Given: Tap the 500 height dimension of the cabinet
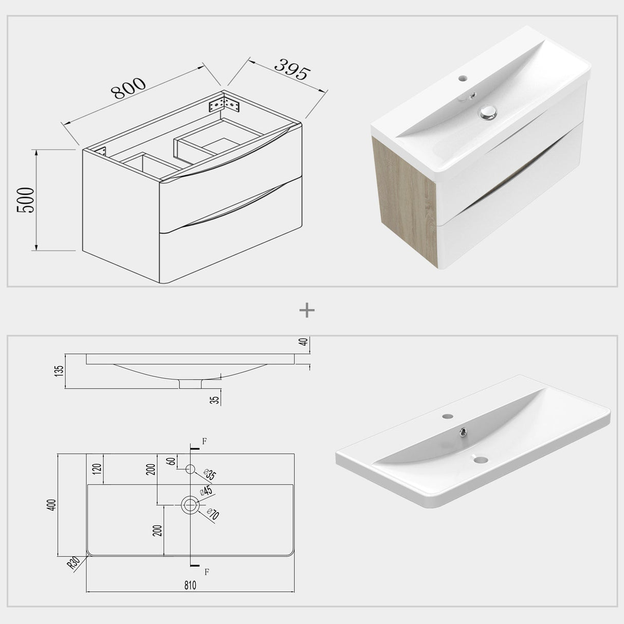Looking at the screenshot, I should [x=26, y=200].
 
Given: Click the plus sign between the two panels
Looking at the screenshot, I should [x=307, y=310].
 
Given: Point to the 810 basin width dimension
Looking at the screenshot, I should [x=190, y=585].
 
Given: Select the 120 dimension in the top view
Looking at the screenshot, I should [x=98, y=468].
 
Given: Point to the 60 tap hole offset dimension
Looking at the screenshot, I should [x=171, y=461].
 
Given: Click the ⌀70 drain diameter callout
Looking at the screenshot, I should [x=212, y=515].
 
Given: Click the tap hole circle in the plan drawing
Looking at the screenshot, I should [x=190, y=469].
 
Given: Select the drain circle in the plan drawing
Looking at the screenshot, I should [x=190, y=505].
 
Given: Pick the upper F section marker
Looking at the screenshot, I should [x=204, y=441].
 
